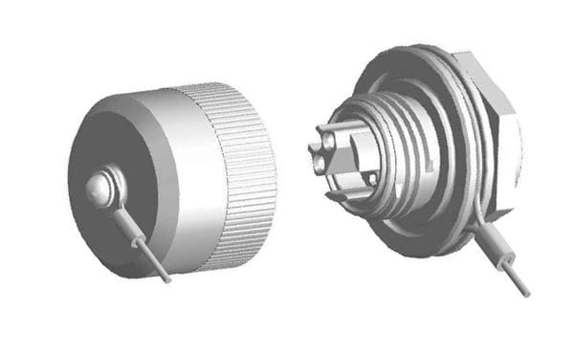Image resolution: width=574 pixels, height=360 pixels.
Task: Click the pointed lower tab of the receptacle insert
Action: (x=337, y=196)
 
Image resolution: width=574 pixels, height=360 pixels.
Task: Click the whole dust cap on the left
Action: (x=172, y=177)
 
